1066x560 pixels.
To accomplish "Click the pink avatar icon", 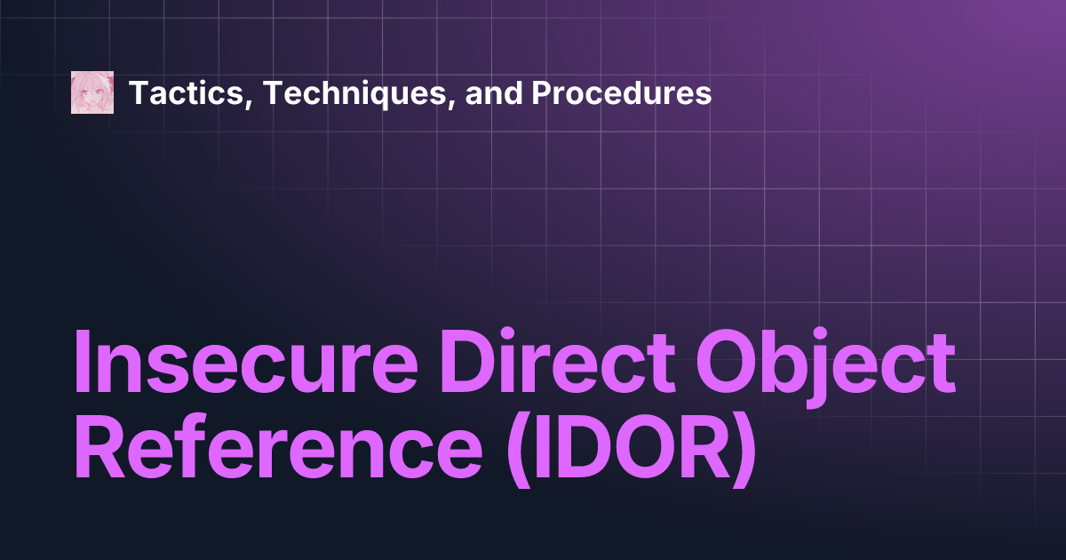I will tap(92, 92).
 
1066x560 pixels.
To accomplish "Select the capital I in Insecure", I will tap(82, 365).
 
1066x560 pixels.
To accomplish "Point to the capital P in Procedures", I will tap(541, 92).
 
